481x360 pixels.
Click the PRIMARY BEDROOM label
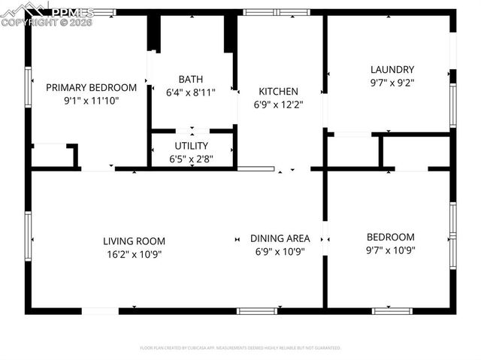click(91, 87)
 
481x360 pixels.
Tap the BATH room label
click(190, 79)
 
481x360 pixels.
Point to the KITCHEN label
click(278, 92)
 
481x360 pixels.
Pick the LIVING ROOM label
click(134, 241)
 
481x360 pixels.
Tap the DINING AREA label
click(280, 238)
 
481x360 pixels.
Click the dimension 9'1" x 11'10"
click(91, 100)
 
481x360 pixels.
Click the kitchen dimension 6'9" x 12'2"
click(278, 105)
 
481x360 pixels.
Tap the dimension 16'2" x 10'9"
click(134, 254)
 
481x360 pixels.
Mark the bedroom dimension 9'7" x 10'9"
click(391, 250)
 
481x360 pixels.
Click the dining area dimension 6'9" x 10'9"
click(280, 252)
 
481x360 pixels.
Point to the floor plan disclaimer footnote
click(240, 348)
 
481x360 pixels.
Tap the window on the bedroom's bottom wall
click(392, 310)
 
